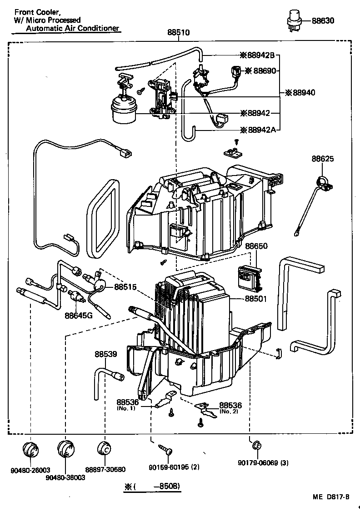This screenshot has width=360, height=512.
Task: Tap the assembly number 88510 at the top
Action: pyautogui.click(x=179, y=33)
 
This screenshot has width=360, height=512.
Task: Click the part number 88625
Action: pyautogui.click(x=323, y=159)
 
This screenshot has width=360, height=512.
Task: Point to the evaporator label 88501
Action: pyautogui.click(x=256, y=299)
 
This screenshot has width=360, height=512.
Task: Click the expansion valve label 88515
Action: pyautogui.click(x=125, y=287)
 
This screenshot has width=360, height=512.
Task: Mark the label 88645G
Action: pyautogui.click(x=78, y=315)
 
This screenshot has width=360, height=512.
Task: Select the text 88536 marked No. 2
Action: pyautogui.click(x=230, y=405)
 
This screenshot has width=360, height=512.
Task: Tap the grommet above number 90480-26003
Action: pyautogui.click(x=31, y=449)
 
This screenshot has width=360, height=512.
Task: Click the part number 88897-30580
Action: pyautogui.click(x=105, y=470)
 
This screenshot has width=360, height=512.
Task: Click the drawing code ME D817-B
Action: pyautogui.click(x=330, y=497)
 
